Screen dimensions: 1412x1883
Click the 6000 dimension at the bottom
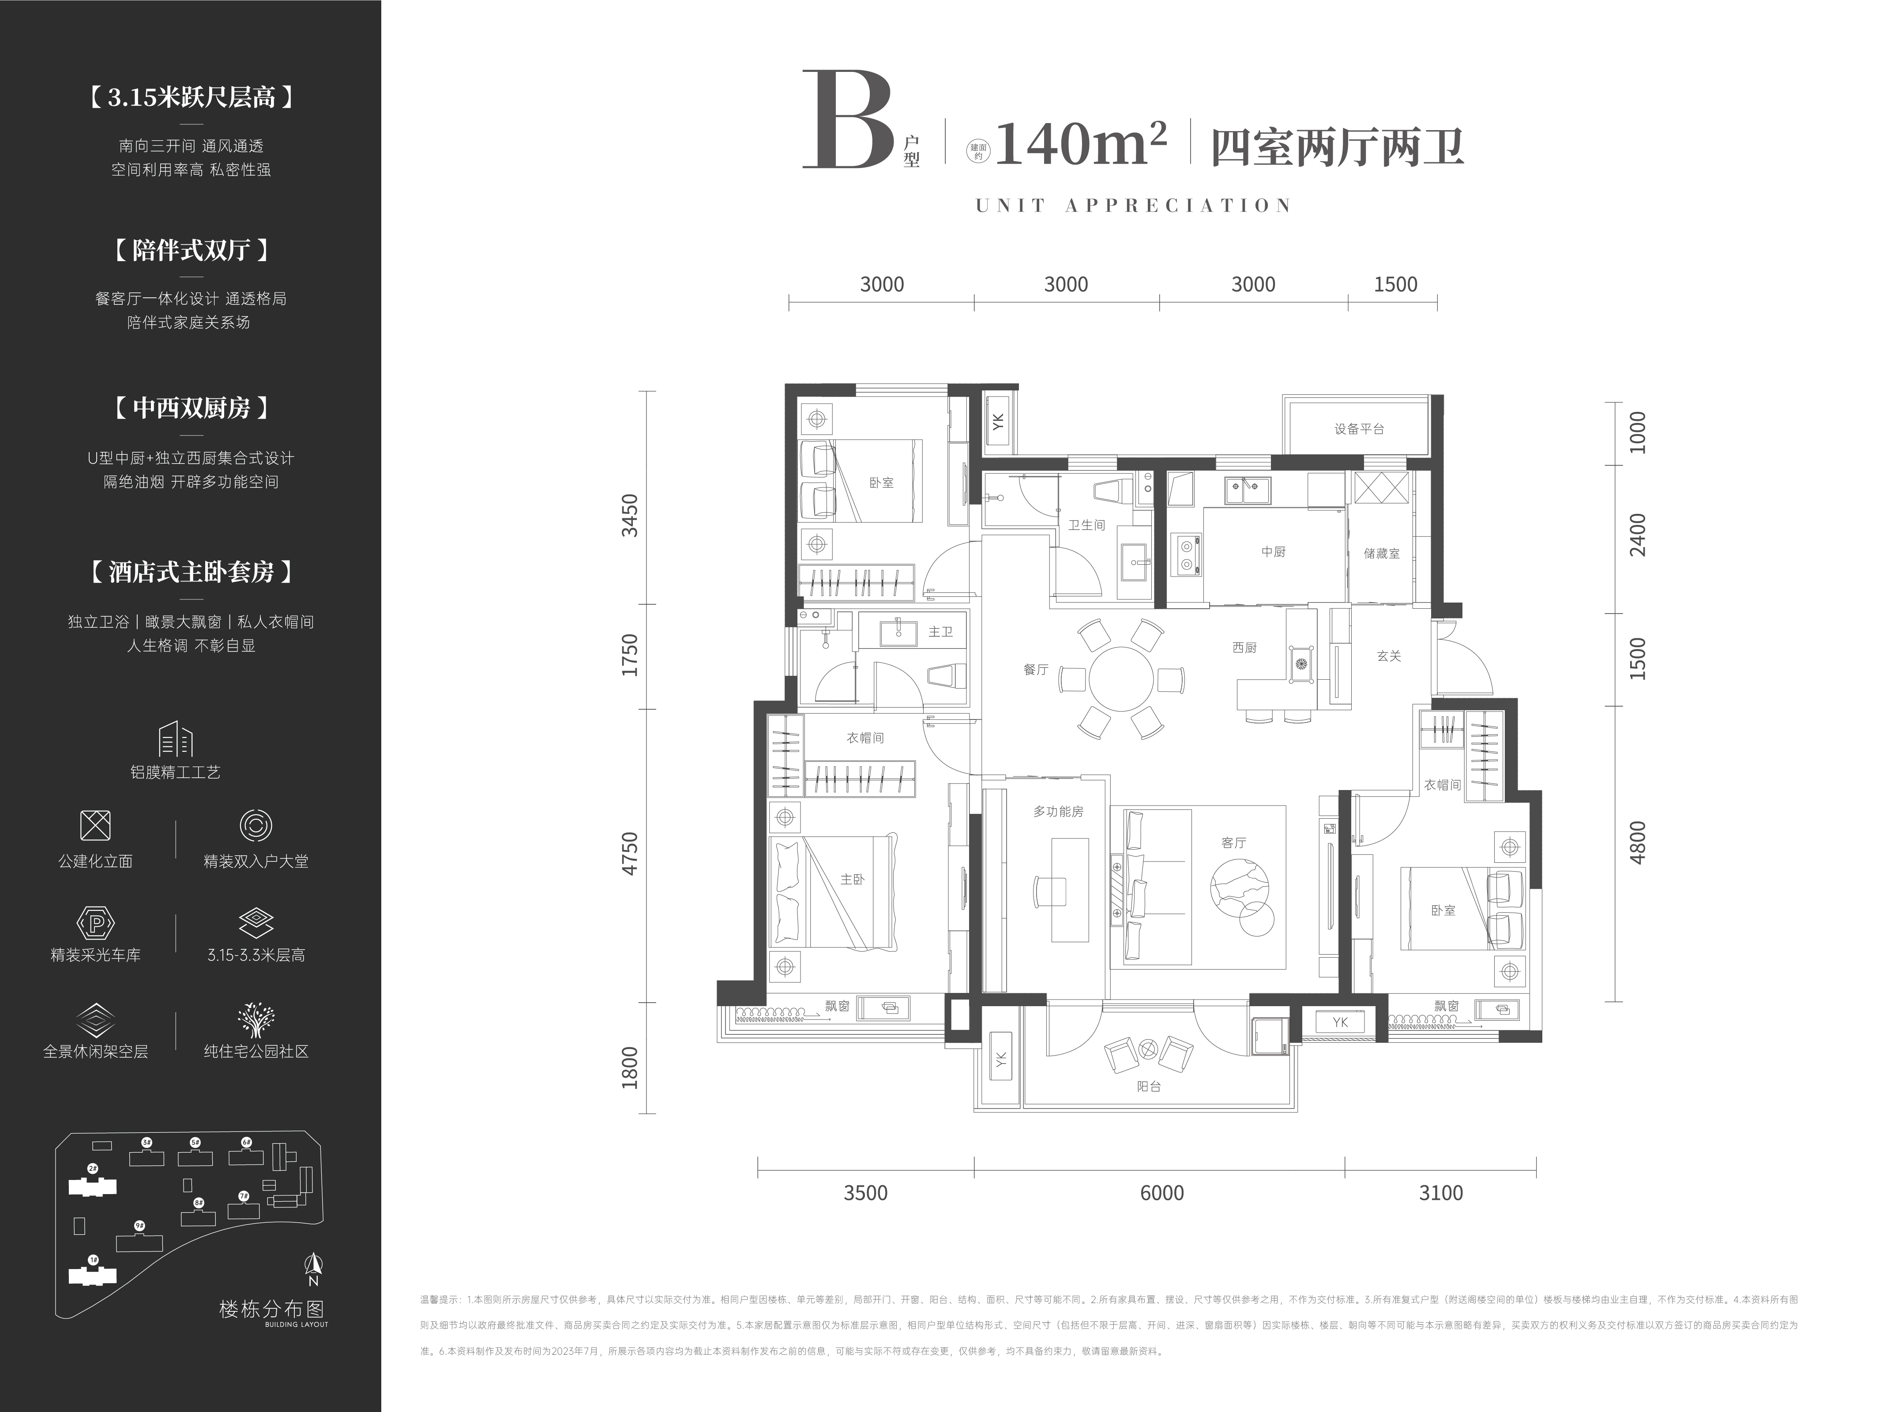[1161, 1192]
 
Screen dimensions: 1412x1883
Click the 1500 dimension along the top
[1395, 284]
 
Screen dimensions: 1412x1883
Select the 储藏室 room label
[1381, 553]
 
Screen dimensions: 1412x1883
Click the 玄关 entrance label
[1388, 656]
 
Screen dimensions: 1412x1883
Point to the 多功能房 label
[1058, 812]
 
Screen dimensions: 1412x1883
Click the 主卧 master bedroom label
[852, 879]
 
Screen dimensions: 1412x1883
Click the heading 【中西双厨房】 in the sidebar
[191, 408]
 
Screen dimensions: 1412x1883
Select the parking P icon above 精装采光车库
[95, 923]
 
